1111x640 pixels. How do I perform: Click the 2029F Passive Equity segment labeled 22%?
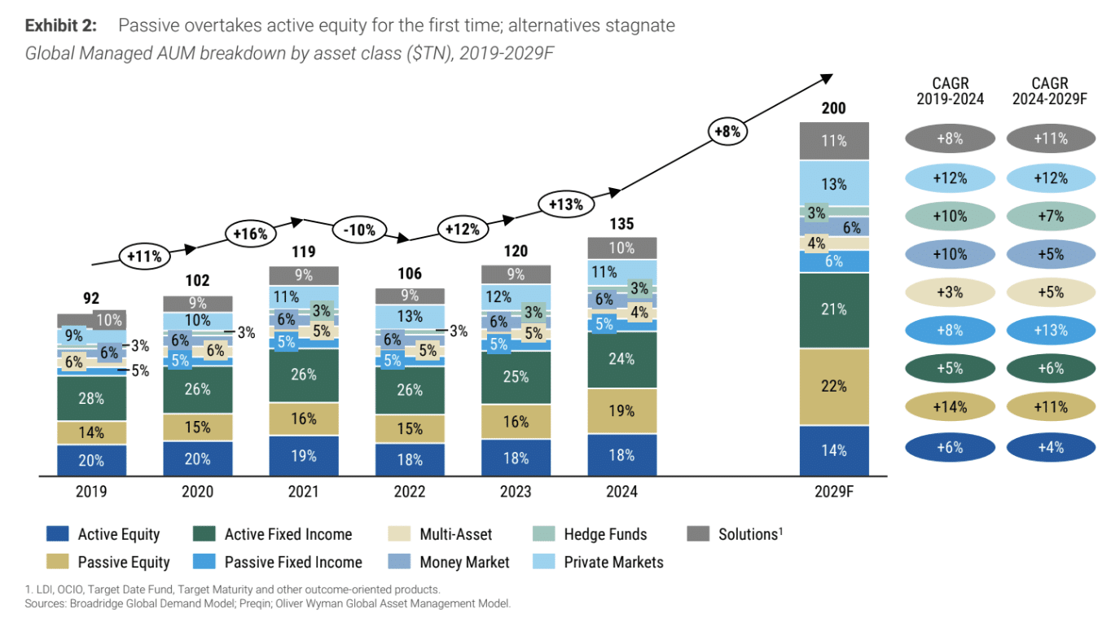coord(834,387)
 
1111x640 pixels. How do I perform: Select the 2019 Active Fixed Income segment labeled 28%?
coord(91,398)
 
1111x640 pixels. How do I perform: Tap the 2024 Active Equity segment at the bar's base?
coord(621,455)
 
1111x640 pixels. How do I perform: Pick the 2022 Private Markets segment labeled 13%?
coord(410,316)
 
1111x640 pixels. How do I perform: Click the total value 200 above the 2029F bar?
coord(834,108)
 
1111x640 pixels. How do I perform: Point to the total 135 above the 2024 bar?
coord(621,224)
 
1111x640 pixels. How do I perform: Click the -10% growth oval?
coord(359,230)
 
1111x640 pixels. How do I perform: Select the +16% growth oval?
coord(250,234)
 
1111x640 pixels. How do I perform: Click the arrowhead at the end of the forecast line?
coord(827,78)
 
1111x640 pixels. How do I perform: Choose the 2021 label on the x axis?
coord(303,492)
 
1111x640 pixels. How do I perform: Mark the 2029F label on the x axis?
coord(834,492)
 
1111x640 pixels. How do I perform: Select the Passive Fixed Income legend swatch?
coord(204,562)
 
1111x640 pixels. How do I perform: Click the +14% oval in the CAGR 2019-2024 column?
coord(949,407)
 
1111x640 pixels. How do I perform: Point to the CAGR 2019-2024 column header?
coord(949,91)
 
